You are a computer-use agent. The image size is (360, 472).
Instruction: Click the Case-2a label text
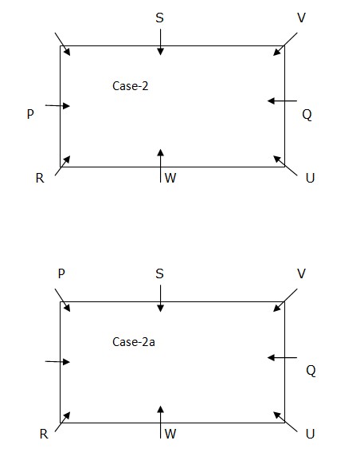coord(134,342)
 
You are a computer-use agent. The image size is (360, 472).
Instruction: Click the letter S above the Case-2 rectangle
coord(160,18)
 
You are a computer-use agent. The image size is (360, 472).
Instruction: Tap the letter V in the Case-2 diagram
coord(301,18)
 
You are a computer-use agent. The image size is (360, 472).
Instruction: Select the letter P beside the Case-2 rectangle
coord(30,114)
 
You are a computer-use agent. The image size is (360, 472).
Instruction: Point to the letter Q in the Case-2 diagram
coord(307,115)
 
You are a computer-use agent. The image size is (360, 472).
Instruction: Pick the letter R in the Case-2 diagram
coord(40,179)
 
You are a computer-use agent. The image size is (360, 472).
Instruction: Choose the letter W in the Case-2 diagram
coord(170,178)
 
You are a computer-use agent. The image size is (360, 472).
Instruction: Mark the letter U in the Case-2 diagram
coord(310,179)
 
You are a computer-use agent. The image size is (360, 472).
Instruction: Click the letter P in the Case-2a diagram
coord(61,273)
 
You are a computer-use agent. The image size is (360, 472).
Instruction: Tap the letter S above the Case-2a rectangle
coord(160,273)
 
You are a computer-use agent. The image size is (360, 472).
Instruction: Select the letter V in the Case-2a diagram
coord(301,273)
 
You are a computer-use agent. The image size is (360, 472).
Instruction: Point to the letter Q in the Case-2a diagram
coord(311,371)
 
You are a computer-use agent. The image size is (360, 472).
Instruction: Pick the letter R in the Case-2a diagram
coord(44,434)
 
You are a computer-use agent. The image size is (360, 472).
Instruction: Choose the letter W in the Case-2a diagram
coord(170,434)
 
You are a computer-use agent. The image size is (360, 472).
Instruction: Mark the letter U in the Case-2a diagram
coord(310,434)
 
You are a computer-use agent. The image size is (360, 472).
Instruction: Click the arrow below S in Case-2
coord(161,42)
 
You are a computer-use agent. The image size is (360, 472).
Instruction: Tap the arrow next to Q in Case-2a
coord(282,358)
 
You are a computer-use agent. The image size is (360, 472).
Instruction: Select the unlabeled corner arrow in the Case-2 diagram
coord(63,45)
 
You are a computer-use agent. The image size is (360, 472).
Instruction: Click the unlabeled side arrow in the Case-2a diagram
coord(57,361)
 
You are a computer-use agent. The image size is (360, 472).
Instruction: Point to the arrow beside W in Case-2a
coord(161,422)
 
